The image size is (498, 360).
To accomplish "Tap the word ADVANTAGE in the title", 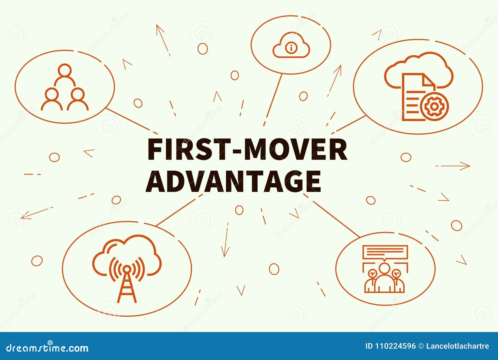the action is tap(233, 181).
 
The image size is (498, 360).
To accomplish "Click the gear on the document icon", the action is tap(435, 106).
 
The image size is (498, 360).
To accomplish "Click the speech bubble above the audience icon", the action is tap(385, 253).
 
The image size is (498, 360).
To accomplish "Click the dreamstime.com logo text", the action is tap(47, 347).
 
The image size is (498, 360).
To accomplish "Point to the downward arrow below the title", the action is tap(225, 240).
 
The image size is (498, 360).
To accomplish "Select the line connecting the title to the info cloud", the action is tap(273, 100).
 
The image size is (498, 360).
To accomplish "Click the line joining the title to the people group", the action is tap(132, 121).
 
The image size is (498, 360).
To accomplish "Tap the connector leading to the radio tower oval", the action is tap(179, 210).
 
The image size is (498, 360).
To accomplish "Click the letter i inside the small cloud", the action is tap(291, 48).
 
